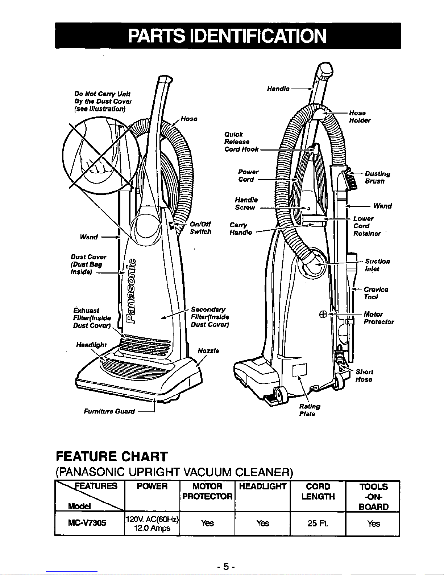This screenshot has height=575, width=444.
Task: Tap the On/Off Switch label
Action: [x=200, y=228]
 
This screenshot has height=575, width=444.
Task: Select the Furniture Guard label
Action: [x=109, y=411]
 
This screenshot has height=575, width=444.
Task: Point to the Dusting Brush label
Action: [x=377, y=177]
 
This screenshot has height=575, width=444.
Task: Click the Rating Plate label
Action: [x=309, y=410]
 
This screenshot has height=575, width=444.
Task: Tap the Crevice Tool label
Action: [x=376, y=293]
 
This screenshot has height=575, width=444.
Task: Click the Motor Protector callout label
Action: [x=378, y=318]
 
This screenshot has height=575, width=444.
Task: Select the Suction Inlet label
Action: [x=377, y=265]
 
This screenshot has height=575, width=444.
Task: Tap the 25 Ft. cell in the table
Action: [x=318, y=523]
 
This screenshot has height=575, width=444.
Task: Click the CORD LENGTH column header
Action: [x=318, y=491]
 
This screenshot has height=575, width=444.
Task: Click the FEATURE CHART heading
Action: [x=111, y=456]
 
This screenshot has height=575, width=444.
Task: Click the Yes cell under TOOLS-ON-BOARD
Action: [x=373, y=523]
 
